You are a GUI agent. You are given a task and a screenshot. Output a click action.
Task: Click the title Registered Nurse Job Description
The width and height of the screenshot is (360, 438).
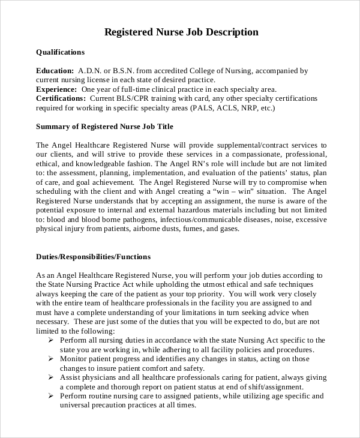click(182, 32)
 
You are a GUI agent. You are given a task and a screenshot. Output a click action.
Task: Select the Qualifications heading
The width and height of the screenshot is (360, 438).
click(60, 52)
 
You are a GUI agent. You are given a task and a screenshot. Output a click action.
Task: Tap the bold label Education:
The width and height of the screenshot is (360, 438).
click(55, 70)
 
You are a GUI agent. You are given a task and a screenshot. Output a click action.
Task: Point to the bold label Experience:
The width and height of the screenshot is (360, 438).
click(56, 89)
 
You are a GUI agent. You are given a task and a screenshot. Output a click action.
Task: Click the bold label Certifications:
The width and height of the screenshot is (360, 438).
click(61, 98)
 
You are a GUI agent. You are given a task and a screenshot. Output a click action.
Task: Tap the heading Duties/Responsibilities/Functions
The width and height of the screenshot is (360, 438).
click(93, 257)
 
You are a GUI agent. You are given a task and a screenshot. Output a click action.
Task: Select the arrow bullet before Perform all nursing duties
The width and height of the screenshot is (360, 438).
click(50, 340)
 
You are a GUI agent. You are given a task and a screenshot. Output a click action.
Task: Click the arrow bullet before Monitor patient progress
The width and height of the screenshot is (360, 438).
click(50, 359)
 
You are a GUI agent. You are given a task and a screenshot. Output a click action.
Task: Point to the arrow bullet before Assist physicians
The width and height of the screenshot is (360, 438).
click(50, 377)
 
